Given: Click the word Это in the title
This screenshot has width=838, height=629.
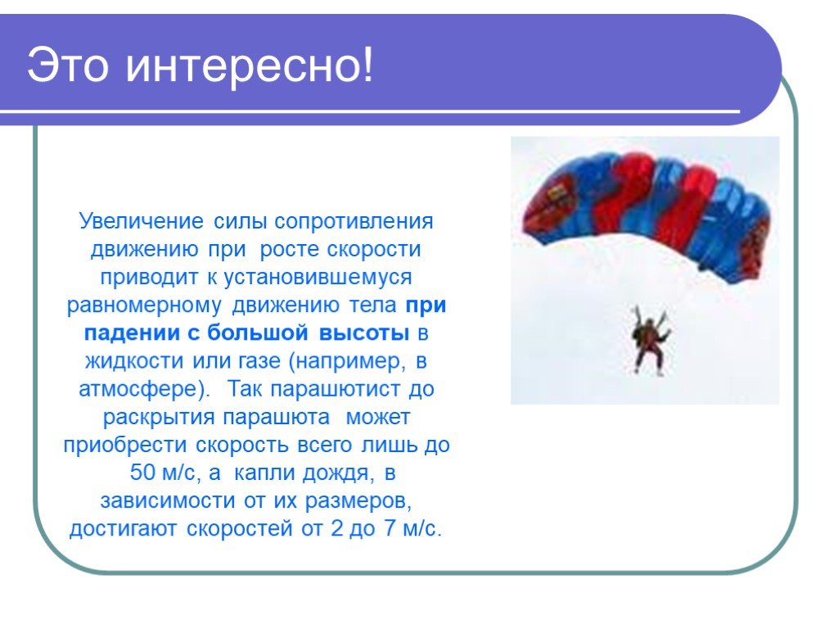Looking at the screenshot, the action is tap(67, 65).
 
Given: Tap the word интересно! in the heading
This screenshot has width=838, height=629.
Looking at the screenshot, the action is tap(250, 66).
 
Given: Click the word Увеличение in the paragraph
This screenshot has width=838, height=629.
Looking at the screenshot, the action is tap(141, 221).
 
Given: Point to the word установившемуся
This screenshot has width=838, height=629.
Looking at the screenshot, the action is tap(318, 278).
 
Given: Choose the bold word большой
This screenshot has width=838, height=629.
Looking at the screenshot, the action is tap(258, 333).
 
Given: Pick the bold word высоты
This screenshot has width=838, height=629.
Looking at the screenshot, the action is tap(364, 333).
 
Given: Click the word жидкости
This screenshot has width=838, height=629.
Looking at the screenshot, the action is tap(136, 361).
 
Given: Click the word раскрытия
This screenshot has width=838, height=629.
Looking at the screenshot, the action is tap(159, 417).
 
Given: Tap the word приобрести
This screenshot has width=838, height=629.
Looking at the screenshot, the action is tap(125, 445).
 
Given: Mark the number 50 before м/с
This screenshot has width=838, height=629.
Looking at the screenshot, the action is tap(142, 473).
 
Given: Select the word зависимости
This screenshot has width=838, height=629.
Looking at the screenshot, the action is tap(168, 500).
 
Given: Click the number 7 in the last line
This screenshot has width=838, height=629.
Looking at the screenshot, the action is tap(389, 528).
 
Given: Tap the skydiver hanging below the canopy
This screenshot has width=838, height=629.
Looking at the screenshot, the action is tap(649, 340).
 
